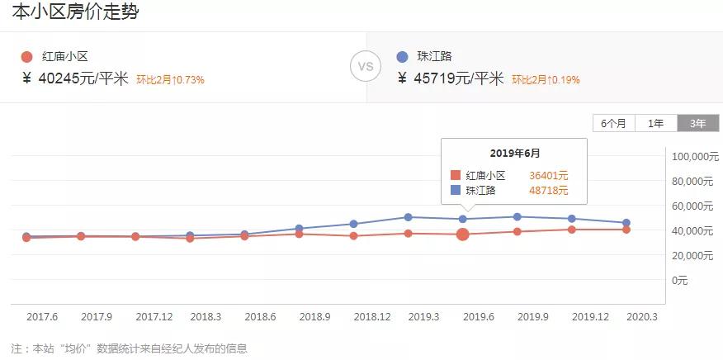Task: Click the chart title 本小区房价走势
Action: click(x=75, y=12)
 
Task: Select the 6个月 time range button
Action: click(x=613, y=123)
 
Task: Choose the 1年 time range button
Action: click(x=656, y=123)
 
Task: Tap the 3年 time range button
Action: click(x=697, y=123)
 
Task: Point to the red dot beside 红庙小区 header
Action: click(x=26, y=57)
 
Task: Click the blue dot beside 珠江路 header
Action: click(x=402, y=57)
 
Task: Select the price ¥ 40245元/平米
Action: click(x=75, y=79)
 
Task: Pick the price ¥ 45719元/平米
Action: click(x=451, y=79)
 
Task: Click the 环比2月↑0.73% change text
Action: click(x=170, y=80)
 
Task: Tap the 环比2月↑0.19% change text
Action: click(x=546, y=80)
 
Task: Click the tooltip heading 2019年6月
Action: click(x=515, y=154)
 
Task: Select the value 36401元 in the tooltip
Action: click(x=548, y=175)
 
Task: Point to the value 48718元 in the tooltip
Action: click(x=548, y=190)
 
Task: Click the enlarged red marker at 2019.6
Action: click(x=463, y=234)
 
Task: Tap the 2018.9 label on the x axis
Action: click(x=314, y=316)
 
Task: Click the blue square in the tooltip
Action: click(x=456, y=190)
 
